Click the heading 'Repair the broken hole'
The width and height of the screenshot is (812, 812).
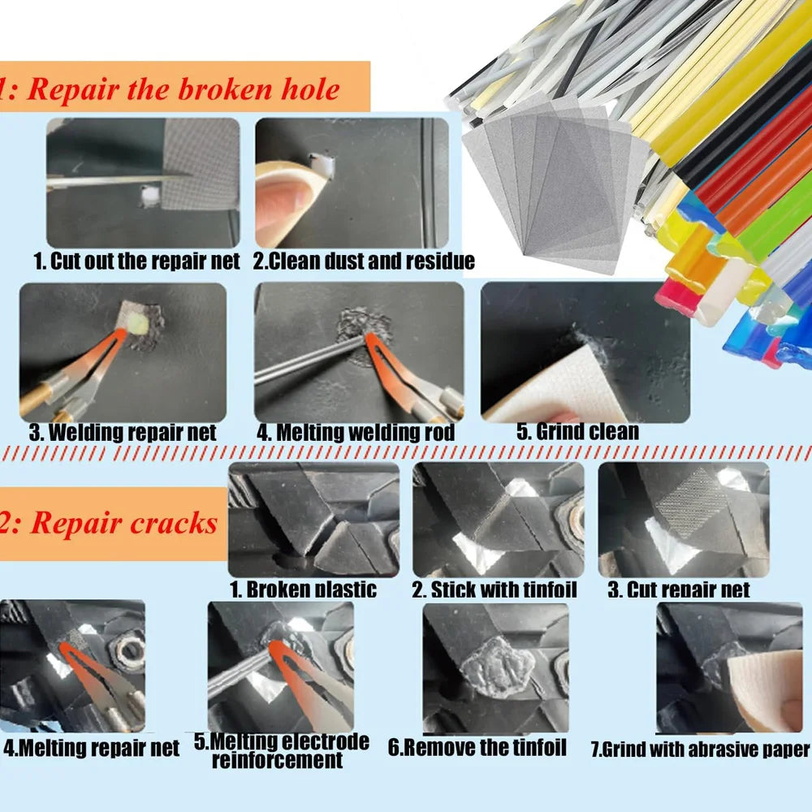point(183,89)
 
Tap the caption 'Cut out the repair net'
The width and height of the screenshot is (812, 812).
point(136,261)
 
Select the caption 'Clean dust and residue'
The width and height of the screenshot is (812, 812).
point(364,261)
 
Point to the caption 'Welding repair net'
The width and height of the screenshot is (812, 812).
point(123,432)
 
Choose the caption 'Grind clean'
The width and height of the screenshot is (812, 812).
point(578,432)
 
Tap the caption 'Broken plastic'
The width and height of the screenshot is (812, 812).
point(304,590)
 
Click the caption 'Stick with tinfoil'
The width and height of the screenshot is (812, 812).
point(495,590)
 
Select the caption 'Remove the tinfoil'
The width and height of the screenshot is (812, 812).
point(477,747)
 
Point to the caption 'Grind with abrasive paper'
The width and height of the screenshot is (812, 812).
point(700,749)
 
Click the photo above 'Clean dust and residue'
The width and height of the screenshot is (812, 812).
point(352,183)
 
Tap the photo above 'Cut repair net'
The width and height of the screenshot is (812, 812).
point(683,520)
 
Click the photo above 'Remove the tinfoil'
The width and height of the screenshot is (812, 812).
point(495,667)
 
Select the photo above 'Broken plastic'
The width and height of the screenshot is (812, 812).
point(313,520)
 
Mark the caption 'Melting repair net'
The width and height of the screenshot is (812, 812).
point(91,749)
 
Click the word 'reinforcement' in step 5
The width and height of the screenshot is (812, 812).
point(277,761)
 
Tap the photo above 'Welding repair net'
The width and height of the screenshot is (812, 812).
point(123,352)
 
